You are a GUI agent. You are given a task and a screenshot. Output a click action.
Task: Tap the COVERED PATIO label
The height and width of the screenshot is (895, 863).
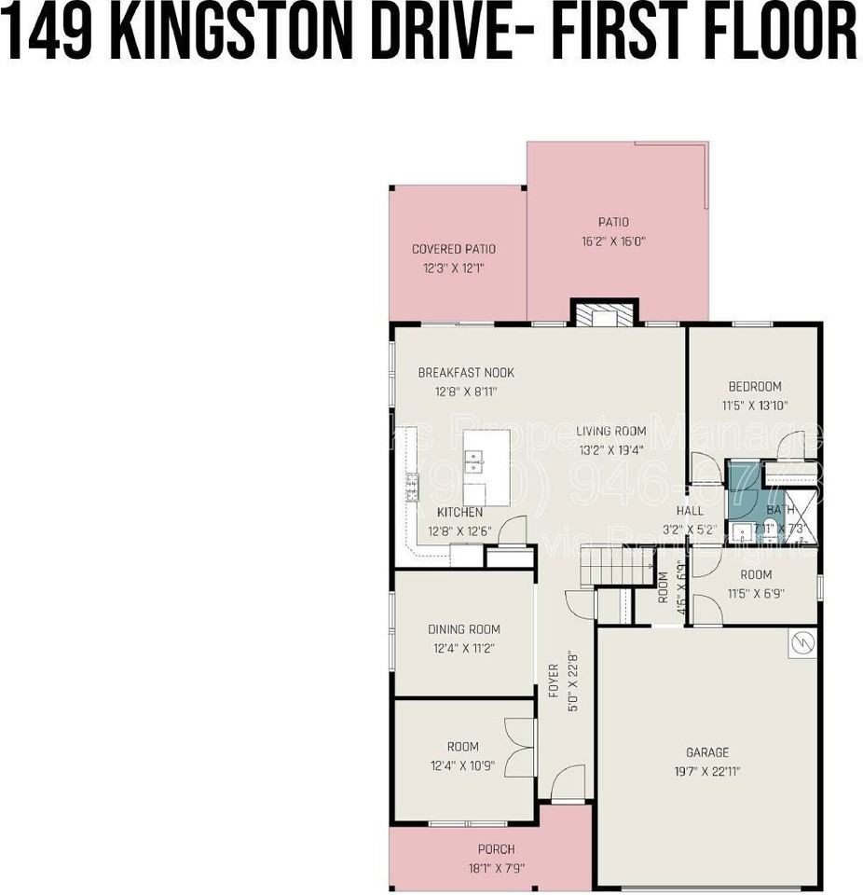pyautogui.click(x=454, y=249)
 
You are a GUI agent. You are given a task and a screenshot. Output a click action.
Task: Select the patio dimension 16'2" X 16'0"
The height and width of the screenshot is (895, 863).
pyautogui.click(x=613, y=241)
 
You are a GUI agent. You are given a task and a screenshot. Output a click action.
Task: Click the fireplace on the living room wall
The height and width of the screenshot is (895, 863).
pyautogui.click(x=604, y=314)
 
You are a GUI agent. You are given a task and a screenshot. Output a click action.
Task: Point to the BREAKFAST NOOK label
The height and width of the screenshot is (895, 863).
pyautogui.click(x=465, y=373)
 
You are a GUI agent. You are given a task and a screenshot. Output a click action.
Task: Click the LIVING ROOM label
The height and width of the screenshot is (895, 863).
pyautogui.click(x=610, y=431)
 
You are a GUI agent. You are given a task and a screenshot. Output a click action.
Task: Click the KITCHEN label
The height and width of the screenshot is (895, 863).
pyautogui.click(x=459, y=513)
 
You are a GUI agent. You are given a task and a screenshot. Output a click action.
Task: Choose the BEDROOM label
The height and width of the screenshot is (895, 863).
pyautogui.click(x=755, y=387)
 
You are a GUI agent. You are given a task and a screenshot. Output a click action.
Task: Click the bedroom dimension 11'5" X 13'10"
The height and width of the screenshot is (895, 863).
pyautogui.click(x=755, y=406)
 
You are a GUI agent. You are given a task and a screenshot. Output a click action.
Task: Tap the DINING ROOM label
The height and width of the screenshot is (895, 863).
pyautogui.click(x=463, y=629)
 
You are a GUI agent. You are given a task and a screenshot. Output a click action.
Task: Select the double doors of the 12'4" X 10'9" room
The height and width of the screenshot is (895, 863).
pyautogui.click(x=519, y=748)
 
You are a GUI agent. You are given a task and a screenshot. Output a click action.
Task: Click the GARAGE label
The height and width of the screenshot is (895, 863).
pyautogui.click(x=707, y=752)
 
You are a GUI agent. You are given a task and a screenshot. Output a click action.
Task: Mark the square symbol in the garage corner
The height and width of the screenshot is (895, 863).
pyautogui.click(x=801, y=644)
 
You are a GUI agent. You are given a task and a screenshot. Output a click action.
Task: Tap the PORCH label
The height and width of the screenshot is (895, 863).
pyautogui.click(x=496, y=849)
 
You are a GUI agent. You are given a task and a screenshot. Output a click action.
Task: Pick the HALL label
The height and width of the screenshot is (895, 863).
pyautogui.click(x=690, y=511)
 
